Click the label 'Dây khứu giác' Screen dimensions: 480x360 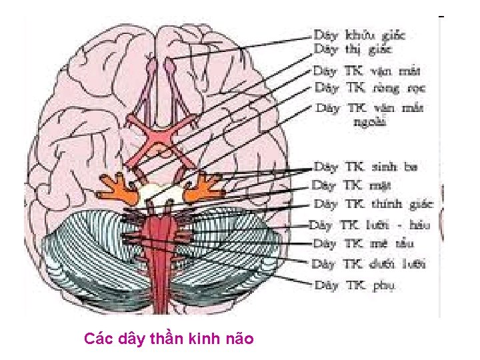click(359, 34)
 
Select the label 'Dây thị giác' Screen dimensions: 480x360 click(349, 49)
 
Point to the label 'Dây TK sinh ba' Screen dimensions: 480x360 click(366, 167)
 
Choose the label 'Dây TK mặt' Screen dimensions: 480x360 click(352, 185)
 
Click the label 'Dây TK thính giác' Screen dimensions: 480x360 click(373, 204)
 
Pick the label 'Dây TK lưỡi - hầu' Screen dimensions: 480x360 click(371, 225)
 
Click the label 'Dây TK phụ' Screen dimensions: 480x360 click(355, 285)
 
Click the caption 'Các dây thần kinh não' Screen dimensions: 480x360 click(169, 339)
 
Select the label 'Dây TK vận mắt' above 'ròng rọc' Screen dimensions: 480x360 click(368, 70)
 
